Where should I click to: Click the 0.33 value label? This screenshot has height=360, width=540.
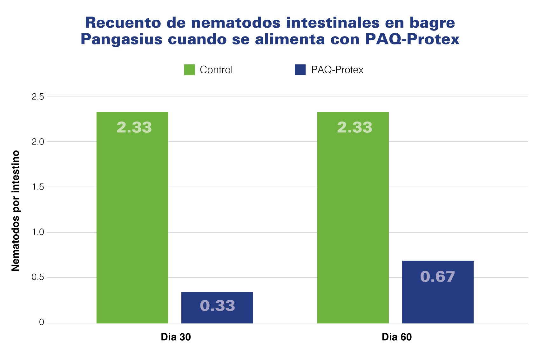(x=217, y=306)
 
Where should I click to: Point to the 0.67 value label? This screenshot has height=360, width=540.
(x=438, y=277)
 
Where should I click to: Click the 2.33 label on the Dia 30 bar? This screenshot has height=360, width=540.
(x=134, y=127)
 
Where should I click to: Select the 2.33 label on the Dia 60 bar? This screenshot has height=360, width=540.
(x=354, y=127)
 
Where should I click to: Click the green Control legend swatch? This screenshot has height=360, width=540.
(x=189, y=70)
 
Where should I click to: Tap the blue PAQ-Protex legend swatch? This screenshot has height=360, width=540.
(x=300, y=70)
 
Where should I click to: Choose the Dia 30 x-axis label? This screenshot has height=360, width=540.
(x=176, y=337)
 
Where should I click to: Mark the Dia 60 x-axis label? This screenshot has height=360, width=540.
(x=396, y=337)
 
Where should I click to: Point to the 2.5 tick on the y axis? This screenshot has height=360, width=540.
(x=37, y=97)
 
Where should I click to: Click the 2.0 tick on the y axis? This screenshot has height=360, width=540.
(x=37, y=142)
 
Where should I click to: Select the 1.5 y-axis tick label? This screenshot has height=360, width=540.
(x=37, y=187)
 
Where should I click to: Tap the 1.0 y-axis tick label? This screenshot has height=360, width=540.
(x=37, y=233)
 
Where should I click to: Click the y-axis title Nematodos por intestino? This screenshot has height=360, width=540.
(x=16, y=211)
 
